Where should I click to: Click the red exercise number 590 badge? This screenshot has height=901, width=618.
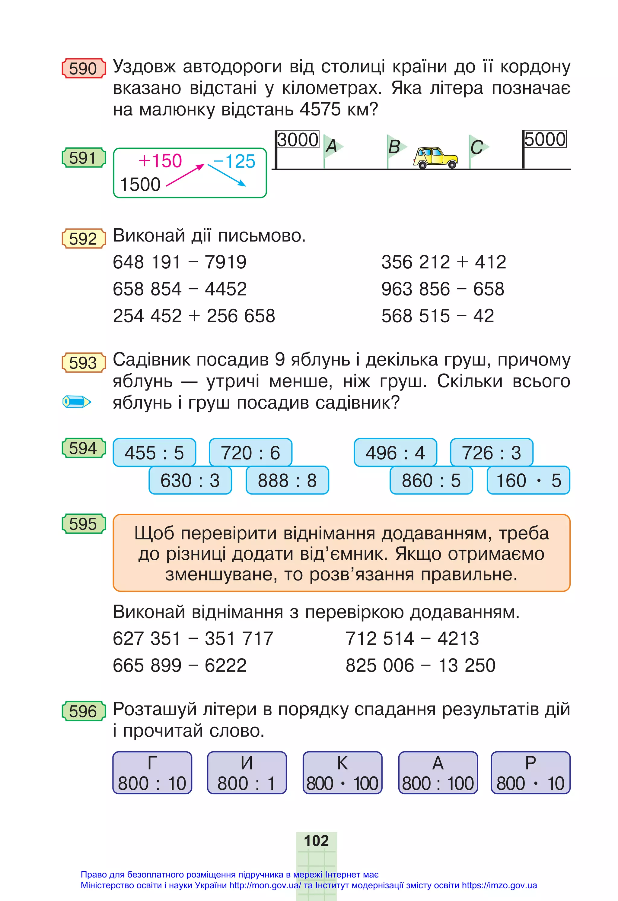(83, 69)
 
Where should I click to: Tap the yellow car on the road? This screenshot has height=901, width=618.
(435, 157)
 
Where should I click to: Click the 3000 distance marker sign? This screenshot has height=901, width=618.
(298, 140)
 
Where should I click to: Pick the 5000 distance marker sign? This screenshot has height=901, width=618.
(545, 139)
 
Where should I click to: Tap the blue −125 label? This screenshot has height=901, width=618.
(234, 161)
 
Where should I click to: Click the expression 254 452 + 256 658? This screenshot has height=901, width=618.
(194, 316)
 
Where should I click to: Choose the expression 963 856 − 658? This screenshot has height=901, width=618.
(443, 289)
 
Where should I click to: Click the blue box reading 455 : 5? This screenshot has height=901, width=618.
(154, 452)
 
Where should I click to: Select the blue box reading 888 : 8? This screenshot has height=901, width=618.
(287, 480)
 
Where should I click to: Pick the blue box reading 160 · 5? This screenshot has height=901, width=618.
(528, 480)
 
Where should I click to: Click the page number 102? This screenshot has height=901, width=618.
(316, 840)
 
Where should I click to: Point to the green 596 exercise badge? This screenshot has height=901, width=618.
(83, 711)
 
